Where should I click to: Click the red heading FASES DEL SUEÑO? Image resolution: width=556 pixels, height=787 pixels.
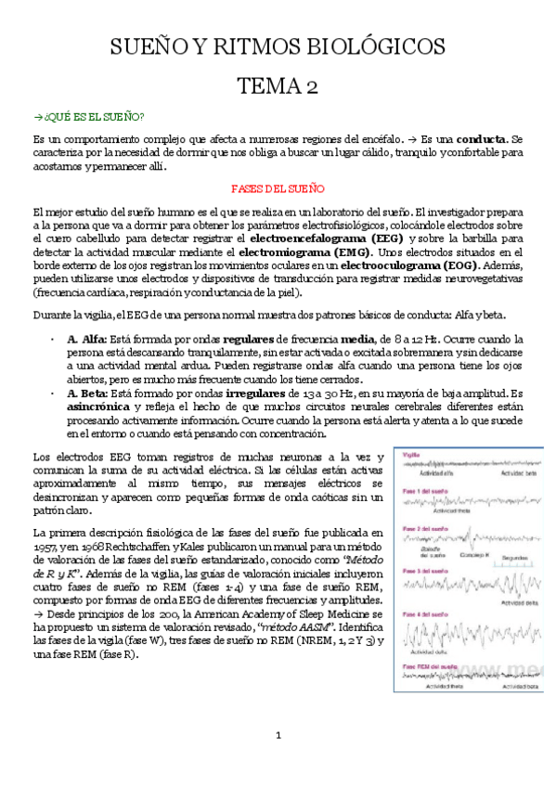(x=277, y=187)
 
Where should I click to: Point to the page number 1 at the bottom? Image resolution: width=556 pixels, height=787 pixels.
(x=278, y=736)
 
